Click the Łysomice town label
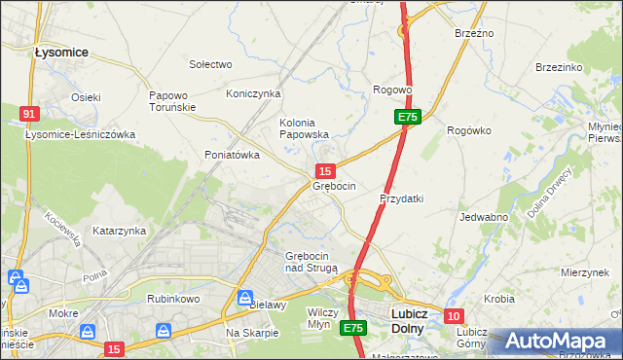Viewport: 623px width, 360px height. click(x=61, y=52)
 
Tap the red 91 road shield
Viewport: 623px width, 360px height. click(x=28, y=114)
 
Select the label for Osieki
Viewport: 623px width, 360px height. click(x=86, y=97)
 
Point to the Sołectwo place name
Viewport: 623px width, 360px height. click(x=210, y=64)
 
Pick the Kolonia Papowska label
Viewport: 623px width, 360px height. click(x=304, y=128)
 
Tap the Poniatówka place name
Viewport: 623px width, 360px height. click(x=232, y=155)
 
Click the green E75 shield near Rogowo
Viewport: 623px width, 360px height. click(x=408, y=117)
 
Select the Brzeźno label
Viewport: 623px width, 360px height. click(x=474, y=33)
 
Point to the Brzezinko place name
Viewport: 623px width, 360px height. click(x=559, y=67)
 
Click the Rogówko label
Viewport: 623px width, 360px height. click(x=468, y=130)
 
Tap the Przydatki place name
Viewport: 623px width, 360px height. click(x=401, y=198)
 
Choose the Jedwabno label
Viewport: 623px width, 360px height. click(x=483, y=217)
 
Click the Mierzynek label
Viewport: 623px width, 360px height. click(x=585, y=273)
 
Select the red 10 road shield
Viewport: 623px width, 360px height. click(x=454, y=316)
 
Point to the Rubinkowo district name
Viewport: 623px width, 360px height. click(x=171, y=300)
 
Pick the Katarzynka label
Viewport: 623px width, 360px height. click(x=119, y=232)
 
